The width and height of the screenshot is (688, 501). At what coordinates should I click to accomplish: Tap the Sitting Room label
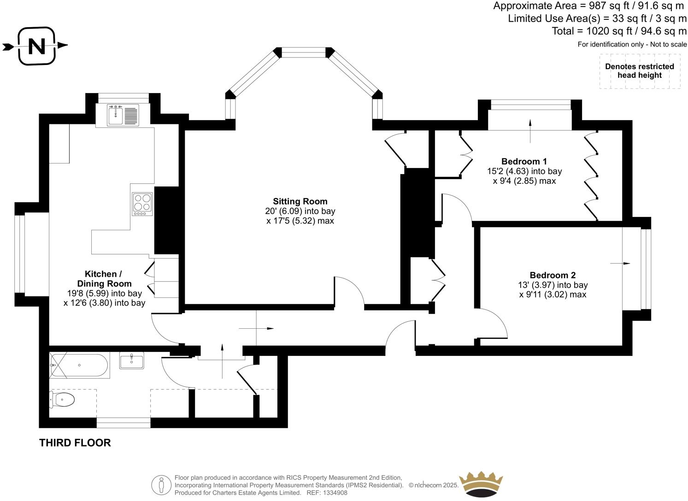300,201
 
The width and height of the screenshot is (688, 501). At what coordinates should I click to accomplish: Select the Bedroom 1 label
524,161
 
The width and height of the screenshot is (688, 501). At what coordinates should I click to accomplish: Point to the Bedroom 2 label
553,275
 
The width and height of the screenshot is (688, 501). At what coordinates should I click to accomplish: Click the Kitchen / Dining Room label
104,279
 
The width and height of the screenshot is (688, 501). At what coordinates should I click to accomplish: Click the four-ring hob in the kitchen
142,204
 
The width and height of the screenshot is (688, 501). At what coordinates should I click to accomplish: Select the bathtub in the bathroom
79,366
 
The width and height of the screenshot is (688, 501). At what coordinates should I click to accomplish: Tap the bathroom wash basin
131,360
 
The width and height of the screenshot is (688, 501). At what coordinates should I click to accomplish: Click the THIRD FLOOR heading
75,443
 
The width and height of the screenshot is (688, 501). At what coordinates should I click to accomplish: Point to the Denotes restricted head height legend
640,71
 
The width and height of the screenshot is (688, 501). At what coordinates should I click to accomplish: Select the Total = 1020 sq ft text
619,31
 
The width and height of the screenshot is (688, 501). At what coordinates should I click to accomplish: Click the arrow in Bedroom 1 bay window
530,125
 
